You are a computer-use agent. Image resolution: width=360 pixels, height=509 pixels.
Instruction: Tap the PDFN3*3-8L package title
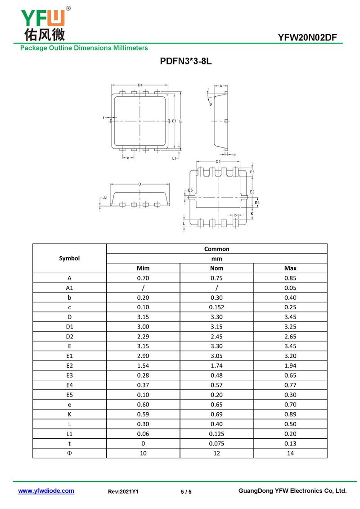185,61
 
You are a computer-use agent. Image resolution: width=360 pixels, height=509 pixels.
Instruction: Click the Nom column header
216,268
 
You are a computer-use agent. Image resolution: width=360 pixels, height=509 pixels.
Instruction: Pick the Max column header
290,268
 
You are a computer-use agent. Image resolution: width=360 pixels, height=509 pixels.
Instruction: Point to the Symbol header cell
69,258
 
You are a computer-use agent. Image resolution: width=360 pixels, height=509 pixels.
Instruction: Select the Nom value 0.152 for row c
216,307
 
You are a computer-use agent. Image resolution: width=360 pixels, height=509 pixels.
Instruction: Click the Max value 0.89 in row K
290,414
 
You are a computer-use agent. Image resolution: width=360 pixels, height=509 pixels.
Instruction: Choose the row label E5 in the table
69,395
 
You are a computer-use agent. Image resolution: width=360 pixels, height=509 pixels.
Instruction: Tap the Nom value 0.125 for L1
216,434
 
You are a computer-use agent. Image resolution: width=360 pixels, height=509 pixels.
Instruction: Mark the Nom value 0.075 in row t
216,444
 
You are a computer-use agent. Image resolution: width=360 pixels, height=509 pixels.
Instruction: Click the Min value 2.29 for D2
143,337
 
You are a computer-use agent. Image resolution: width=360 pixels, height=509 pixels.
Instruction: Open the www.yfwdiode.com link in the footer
46,491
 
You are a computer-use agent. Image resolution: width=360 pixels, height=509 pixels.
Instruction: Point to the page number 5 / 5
186,492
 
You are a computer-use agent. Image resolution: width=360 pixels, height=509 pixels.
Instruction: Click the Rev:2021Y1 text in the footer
123,492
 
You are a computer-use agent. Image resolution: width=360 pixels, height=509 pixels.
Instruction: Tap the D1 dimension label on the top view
140,85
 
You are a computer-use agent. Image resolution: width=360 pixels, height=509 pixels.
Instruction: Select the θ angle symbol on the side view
210,104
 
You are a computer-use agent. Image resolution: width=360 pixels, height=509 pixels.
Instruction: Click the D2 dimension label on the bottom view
218,162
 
